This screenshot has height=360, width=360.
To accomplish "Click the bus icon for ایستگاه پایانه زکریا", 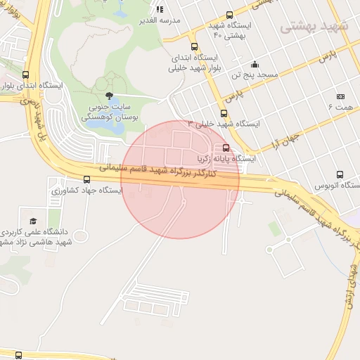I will click(x=226, y=148).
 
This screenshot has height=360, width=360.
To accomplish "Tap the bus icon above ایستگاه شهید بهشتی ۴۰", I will click(x=229, y=15).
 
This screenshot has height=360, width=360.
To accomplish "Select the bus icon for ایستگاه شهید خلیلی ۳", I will click(x=224, y=113).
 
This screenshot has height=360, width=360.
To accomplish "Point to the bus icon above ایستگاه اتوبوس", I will click(x=340, y=175).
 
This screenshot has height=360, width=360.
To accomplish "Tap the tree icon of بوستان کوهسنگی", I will click(x=108, y=96).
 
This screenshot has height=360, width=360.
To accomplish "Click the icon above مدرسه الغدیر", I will click(x=160, y=10).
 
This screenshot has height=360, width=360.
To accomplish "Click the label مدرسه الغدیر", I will click(x=161, y=20).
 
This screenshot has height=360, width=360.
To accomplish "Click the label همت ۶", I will click(x=340, y=107).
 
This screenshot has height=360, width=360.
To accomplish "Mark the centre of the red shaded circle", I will click(x=181, y=180).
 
